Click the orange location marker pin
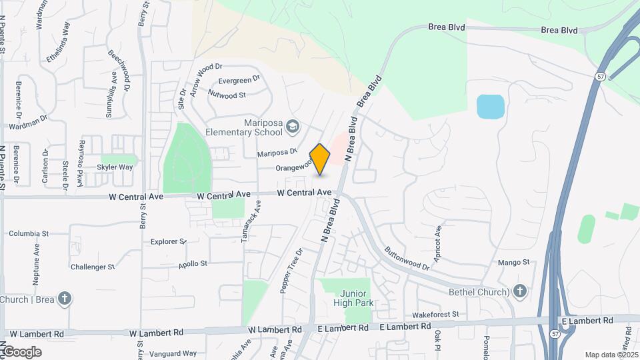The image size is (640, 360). point(320,159)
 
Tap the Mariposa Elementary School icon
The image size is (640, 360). point(293,126)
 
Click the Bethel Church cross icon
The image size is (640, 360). point(520,291)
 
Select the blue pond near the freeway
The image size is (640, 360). point(490,107)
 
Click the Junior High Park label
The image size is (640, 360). point(353,298)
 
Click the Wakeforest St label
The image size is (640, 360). point(436,313)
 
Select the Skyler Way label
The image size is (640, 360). point(115,167)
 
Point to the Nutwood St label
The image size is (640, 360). point(227,95)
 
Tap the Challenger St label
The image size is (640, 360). point(93,267)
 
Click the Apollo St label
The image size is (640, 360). point(193,264)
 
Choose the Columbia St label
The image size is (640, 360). point(29,234)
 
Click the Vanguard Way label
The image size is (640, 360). point(173,353)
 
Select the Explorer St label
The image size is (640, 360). point(168,241)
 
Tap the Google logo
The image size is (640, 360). point(21,352)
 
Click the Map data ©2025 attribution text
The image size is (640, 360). point(610,355)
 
